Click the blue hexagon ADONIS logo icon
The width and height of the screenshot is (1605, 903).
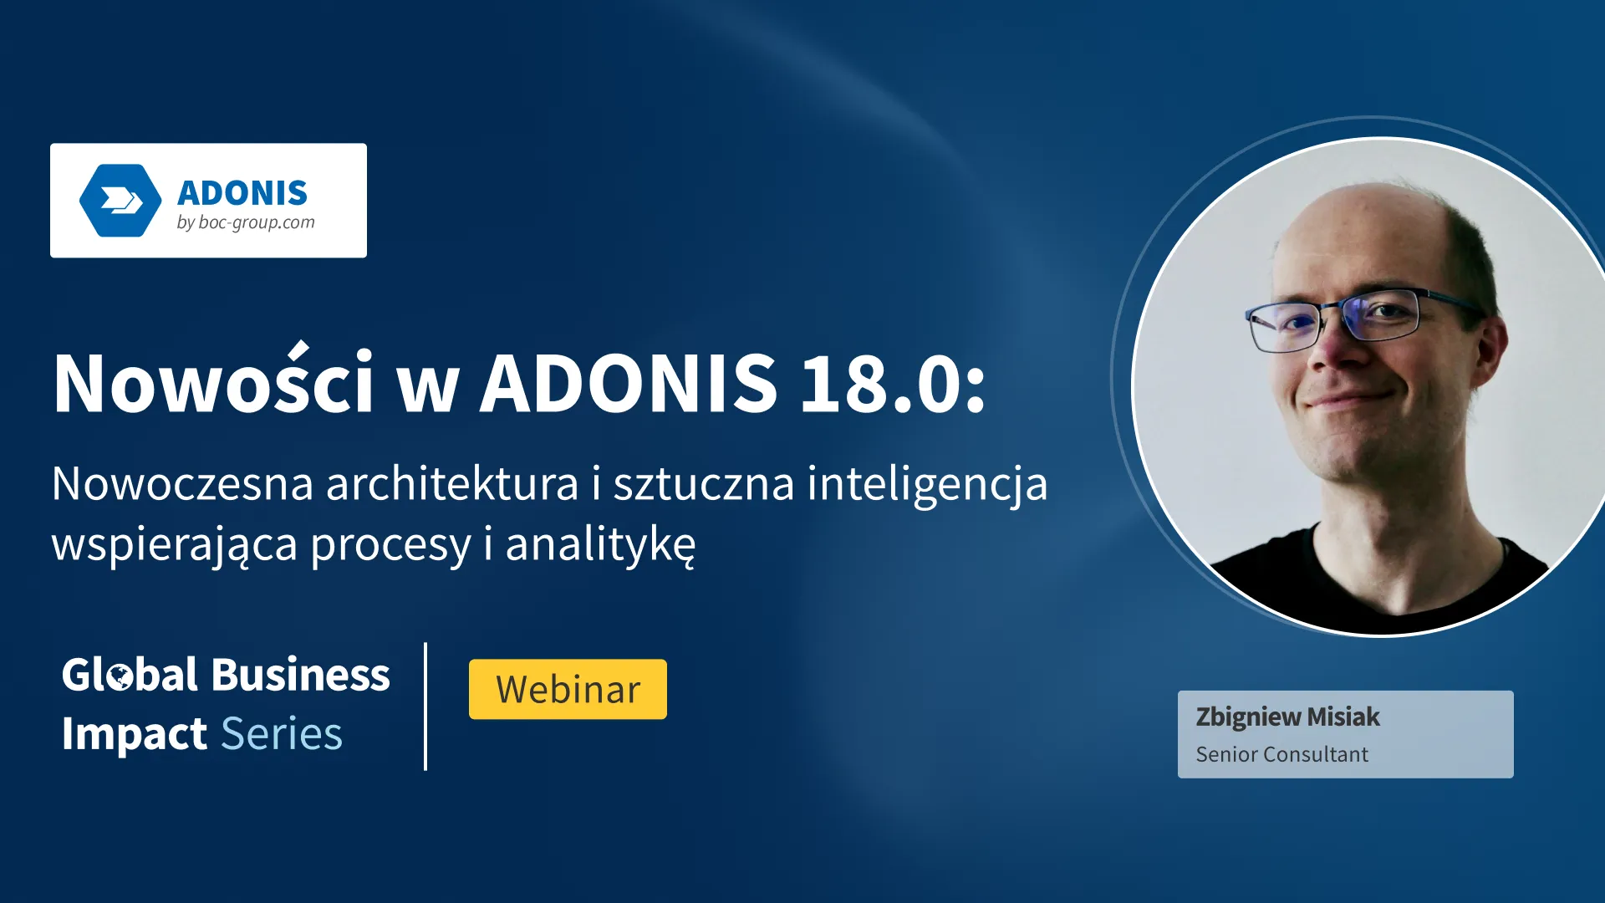coord(120,201)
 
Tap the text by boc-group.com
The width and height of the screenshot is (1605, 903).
coord(246,223)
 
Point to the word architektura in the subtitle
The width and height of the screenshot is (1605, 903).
coord(452,483)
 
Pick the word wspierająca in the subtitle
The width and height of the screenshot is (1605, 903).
coord(175,546)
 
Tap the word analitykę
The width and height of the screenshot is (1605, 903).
coord(600,545)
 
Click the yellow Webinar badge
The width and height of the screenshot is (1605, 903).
coord(568,689)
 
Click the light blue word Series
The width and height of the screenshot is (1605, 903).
coord(282,734)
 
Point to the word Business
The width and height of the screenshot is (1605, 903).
coord(300,675)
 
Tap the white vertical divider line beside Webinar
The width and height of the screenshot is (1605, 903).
coord(425,707)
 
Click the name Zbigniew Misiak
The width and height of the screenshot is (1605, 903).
coord(1287,717)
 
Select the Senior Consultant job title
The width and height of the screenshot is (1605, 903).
coord(1281,754)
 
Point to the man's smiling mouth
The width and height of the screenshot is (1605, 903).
coord(1353,398)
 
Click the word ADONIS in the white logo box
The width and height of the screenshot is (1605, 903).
coord(242,193)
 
